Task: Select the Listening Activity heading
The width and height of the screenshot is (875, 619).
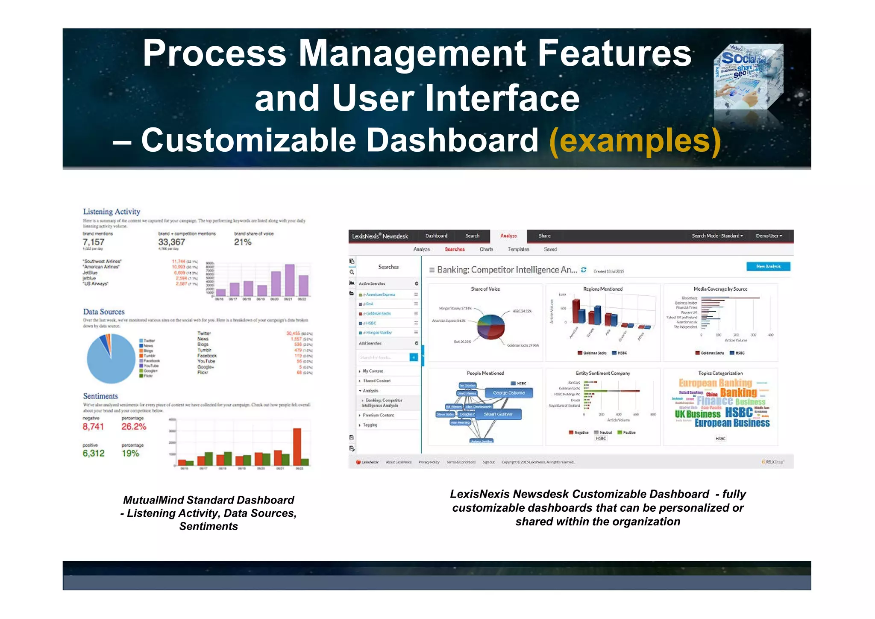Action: point(112,212)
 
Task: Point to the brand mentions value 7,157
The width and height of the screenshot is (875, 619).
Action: point(94,242)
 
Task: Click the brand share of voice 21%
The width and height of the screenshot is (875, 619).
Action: point(243,242)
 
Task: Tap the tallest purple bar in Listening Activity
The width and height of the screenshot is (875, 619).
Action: point(290,280)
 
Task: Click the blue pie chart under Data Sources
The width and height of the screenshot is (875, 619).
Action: point(110,359)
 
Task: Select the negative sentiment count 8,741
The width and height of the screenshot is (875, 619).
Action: point(93,427)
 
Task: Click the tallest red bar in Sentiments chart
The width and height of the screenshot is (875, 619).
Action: point(297,446)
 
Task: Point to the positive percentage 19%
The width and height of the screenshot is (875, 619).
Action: point(130,454)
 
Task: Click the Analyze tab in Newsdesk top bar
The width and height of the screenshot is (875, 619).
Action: point(508,236)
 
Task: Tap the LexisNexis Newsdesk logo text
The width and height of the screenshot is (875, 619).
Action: point(380,236)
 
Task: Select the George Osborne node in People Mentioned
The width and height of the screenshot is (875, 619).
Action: point(508,393)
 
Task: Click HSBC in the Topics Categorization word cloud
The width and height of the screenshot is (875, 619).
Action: point(739,413)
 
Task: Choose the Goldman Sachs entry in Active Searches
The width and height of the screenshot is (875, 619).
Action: point(378,314)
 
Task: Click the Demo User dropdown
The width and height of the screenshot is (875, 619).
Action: point(769,236)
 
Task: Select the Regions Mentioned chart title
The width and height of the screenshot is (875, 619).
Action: point(602,289)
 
